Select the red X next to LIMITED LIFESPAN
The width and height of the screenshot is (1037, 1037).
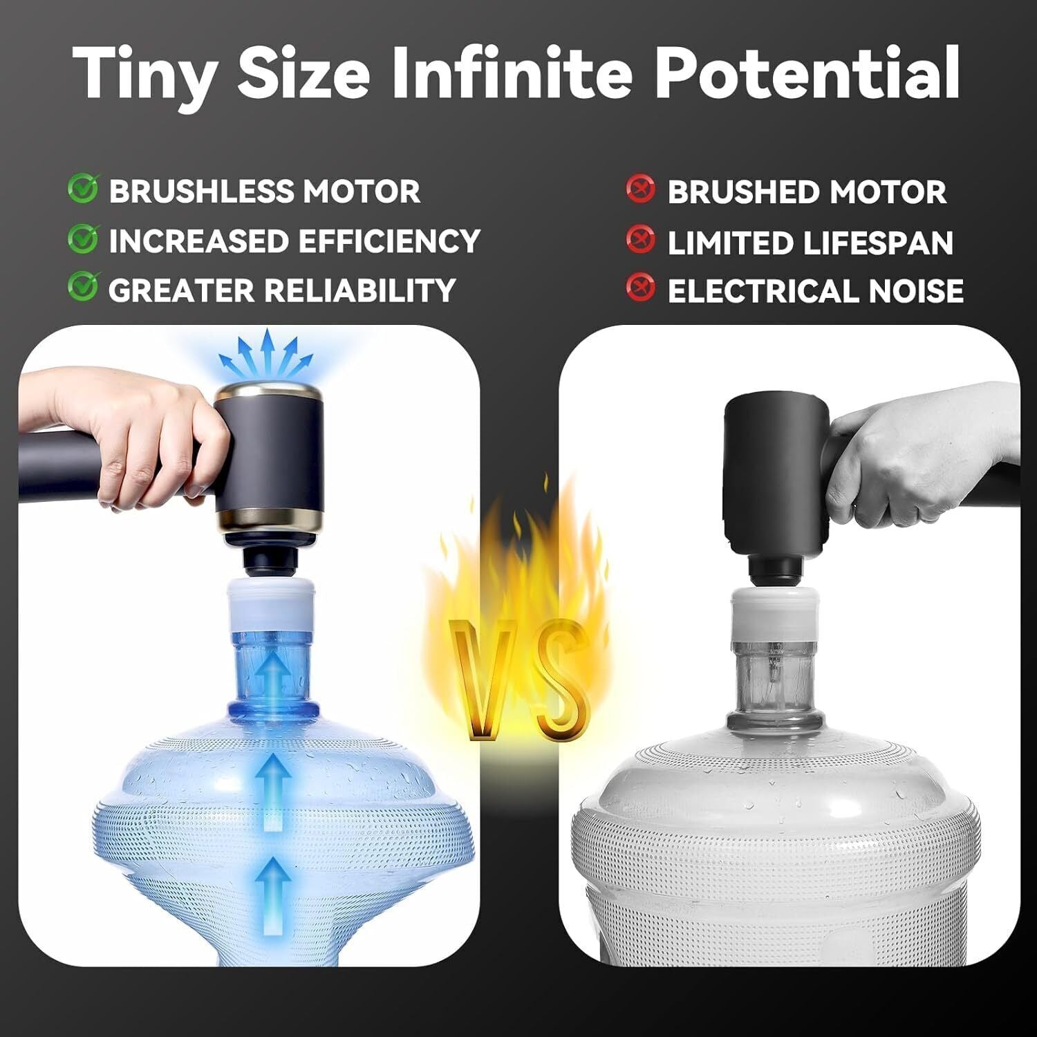(x=640, y=239)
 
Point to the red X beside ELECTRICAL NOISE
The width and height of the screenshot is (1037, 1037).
(x=640, y=288)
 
